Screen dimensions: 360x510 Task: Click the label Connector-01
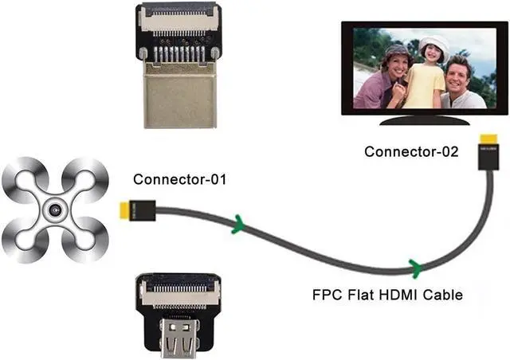click(180, 179)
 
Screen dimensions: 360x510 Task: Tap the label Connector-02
click(411, 151)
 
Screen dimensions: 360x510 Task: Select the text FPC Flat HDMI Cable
click(387, 296)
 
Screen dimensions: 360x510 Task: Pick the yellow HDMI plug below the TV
click(487, 150)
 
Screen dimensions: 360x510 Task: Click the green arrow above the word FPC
click(414, 265)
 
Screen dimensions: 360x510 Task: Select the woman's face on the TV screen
click(396, 64)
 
